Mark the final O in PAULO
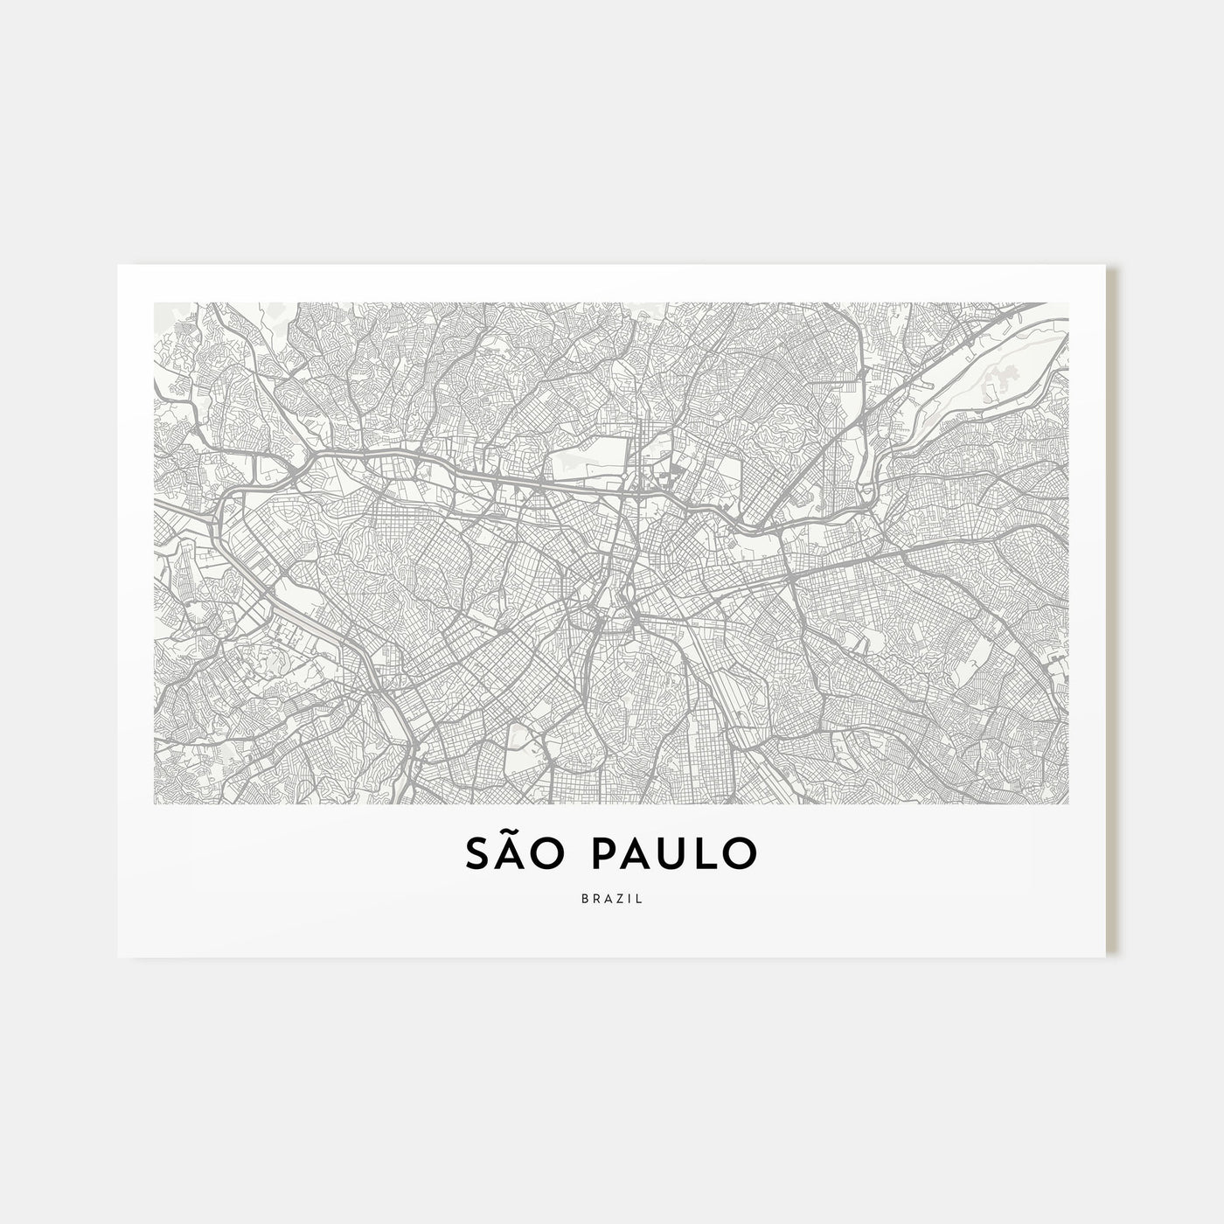[742, 854]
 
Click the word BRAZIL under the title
[611, 899]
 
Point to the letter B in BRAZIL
[583, 899]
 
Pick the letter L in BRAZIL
[639, 899]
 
